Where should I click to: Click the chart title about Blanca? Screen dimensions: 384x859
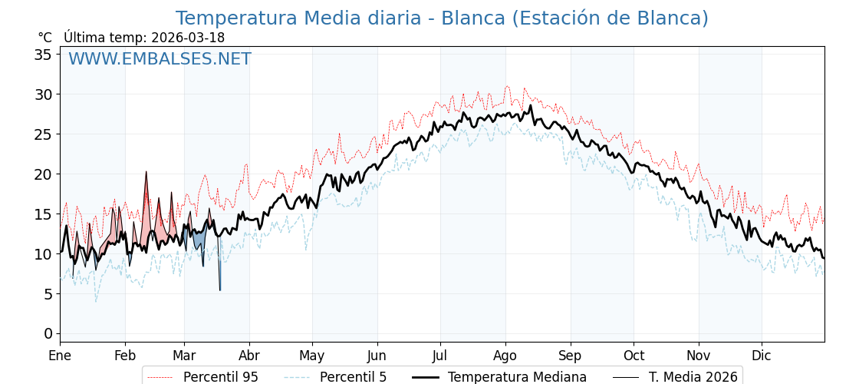coord(442,18)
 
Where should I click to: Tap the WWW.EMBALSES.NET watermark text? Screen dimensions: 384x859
coord(160,59)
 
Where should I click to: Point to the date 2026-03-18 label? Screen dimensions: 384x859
coord(188,38)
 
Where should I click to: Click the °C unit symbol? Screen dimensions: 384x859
coord(44,38)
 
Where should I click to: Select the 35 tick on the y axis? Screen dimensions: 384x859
coord(43,55)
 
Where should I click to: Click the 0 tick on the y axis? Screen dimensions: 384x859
coord(48,333)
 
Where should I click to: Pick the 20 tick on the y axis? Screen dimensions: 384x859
coord(43,174)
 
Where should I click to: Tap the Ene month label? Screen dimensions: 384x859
coord(60,356)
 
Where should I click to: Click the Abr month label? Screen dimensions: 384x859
coord(249,356)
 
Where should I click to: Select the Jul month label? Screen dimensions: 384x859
coord(440,356)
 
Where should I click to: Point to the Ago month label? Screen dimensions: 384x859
coord(505,356)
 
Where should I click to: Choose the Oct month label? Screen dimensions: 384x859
coord(634,356)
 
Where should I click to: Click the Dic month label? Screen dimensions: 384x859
coord(762,356)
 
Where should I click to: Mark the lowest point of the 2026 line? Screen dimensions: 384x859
coord(219,290)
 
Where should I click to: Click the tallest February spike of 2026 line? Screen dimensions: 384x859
coord(146,171)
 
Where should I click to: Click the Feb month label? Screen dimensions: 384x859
coord(125,356)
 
